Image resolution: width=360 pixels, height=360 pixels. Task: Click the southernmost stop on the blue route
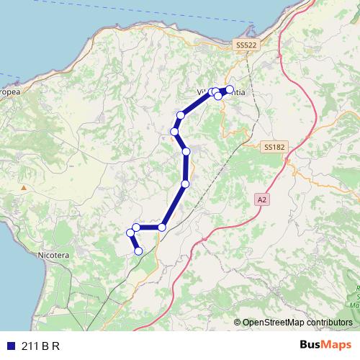pyautogui.click(x=138, y=251)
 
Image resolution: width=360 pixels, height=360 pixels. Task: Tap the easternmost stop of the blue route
pyautogui.click(x=230, y=89)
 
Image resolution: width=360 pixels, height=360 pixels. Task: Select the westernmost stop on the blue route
pyautogui.click(x=130, y=233)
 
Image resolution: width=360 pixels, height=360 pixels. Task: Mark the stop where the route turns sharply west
pyautogui.click(x=162, y=228)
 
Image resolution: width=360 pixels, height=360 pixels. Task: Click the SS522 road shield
pyautogui.click(x=246, y=45)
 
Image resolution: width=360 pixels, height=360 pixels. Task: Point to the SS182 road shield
pyautogui.click(x=274, y=147)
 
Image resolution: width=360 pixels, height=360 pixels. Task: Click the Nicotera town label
pyautogui.click(x=53, y=255)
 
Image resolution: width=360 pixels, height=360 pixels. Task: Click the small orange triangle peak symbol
pyautogui.click(x=24, y=188)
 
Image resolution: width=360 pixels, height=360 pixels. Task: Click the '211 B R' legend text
pyautogui.click(x=40, y=346)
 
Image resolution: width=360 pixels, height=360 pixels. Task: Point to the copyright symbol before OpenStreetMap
pyautogui.click(x=237, y=323)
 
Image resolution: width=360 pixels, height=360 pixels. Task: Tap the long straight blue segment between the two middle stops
pyautogui.click(x=186, y=168)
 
